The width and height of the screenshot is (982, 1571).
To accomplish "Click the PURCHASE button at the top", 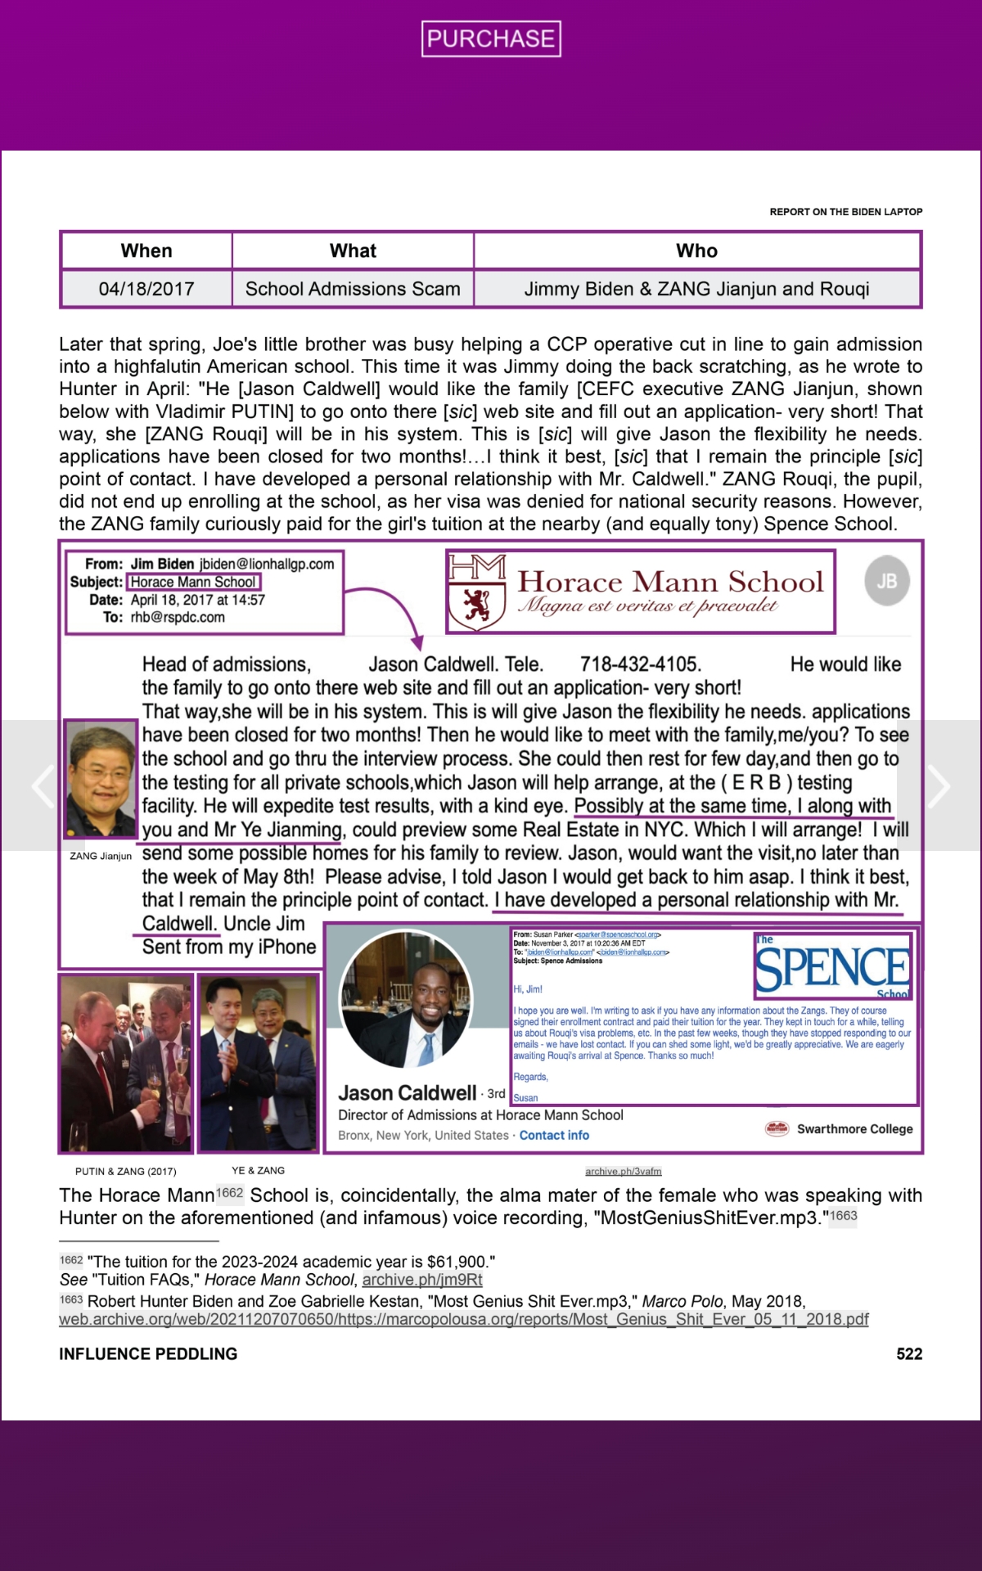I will click(491, 38).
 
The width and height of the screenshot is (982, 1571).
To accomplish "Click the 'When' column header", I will click(146, 251).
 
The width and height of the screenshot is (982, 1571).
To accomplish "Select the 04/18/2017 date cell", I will click(146, 289).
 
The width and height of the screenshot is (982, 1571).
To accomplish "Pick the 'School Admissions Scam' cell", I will click(353, 289).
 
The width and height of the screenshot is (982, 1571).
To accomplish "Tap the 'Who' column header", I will click(696, 251).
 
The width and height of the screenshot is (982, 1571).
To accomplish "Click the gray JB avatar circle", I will click(887, 581).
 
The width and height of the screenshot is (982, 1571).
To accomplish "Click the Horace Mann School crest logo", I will click(477, 592).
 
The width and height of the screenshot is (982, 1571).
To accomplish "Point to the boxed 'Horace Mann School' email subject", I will click(193, 582).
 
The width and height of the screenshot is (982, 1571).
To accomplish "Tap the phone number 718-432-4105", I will click(640, 664).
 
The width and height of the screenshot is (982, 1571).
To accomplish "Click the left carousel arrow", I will click(43, 785).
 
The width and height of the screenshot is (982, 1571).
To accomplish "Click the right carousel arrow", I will click(939, 785).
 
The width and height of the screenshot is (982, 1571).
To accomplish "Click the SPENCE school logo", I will click(832, 968).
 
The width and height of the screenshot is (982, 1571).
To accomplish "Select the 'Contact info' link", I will click(554, 1135).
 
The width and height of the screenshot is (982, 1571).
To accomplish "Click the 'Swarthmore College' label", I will click(854, 1129).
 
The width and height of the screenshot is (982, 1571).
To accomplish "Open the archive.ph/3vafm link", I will click(624, 1171).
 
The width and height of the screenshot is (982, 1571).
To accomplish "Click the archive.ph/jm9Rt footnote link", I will click(422, 1280).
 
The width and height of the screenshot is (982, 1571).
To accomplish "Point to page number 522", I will click(909, 1354).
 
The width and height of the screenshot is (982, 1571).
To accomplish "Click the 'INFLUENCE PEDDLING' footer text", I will click(148, 1354).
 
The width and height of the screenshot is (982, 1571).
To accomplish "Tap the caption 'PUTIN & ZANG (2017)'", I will click(125, 1171).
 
